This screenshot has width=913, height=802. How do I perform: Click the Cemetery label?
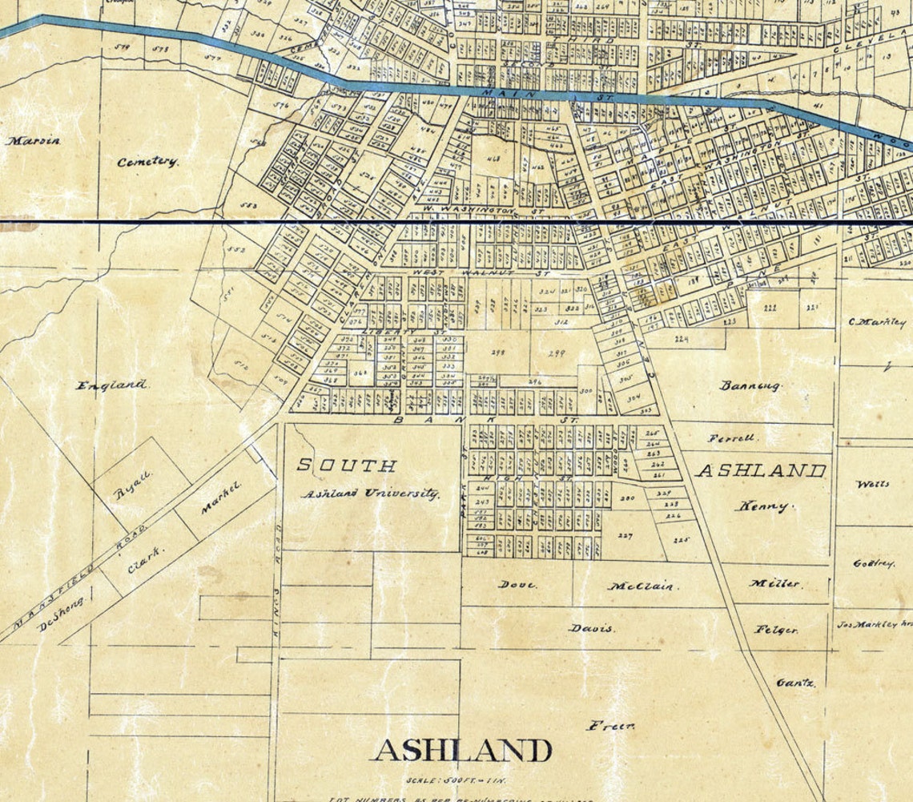(x=147, y=162)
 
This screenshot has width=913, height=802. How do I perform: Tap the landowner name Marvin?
(x=33, y=141)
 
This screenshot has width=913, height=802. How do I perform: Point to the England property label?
(x=111, y=385)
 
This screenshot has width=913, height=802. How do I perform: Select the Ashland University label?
(x=370, y=494)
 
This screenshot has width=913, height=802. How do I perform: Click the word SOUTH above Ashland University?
(x=346, y=465)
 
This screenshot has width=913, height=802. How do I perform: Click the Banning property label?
(x=750, y=385)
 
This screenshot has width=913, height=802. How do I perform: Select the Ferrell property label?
(x=731, y=438)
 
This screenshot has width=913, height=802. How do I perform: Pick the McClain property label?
(x=642, y=586)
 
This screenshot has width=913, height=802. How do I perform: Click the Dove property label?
(x=517, y=584)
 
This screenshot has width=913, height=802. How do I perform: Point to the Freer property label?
(x=611, y=726)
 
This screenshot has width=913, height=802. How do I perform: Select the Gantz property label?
(x=795, y=683)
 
